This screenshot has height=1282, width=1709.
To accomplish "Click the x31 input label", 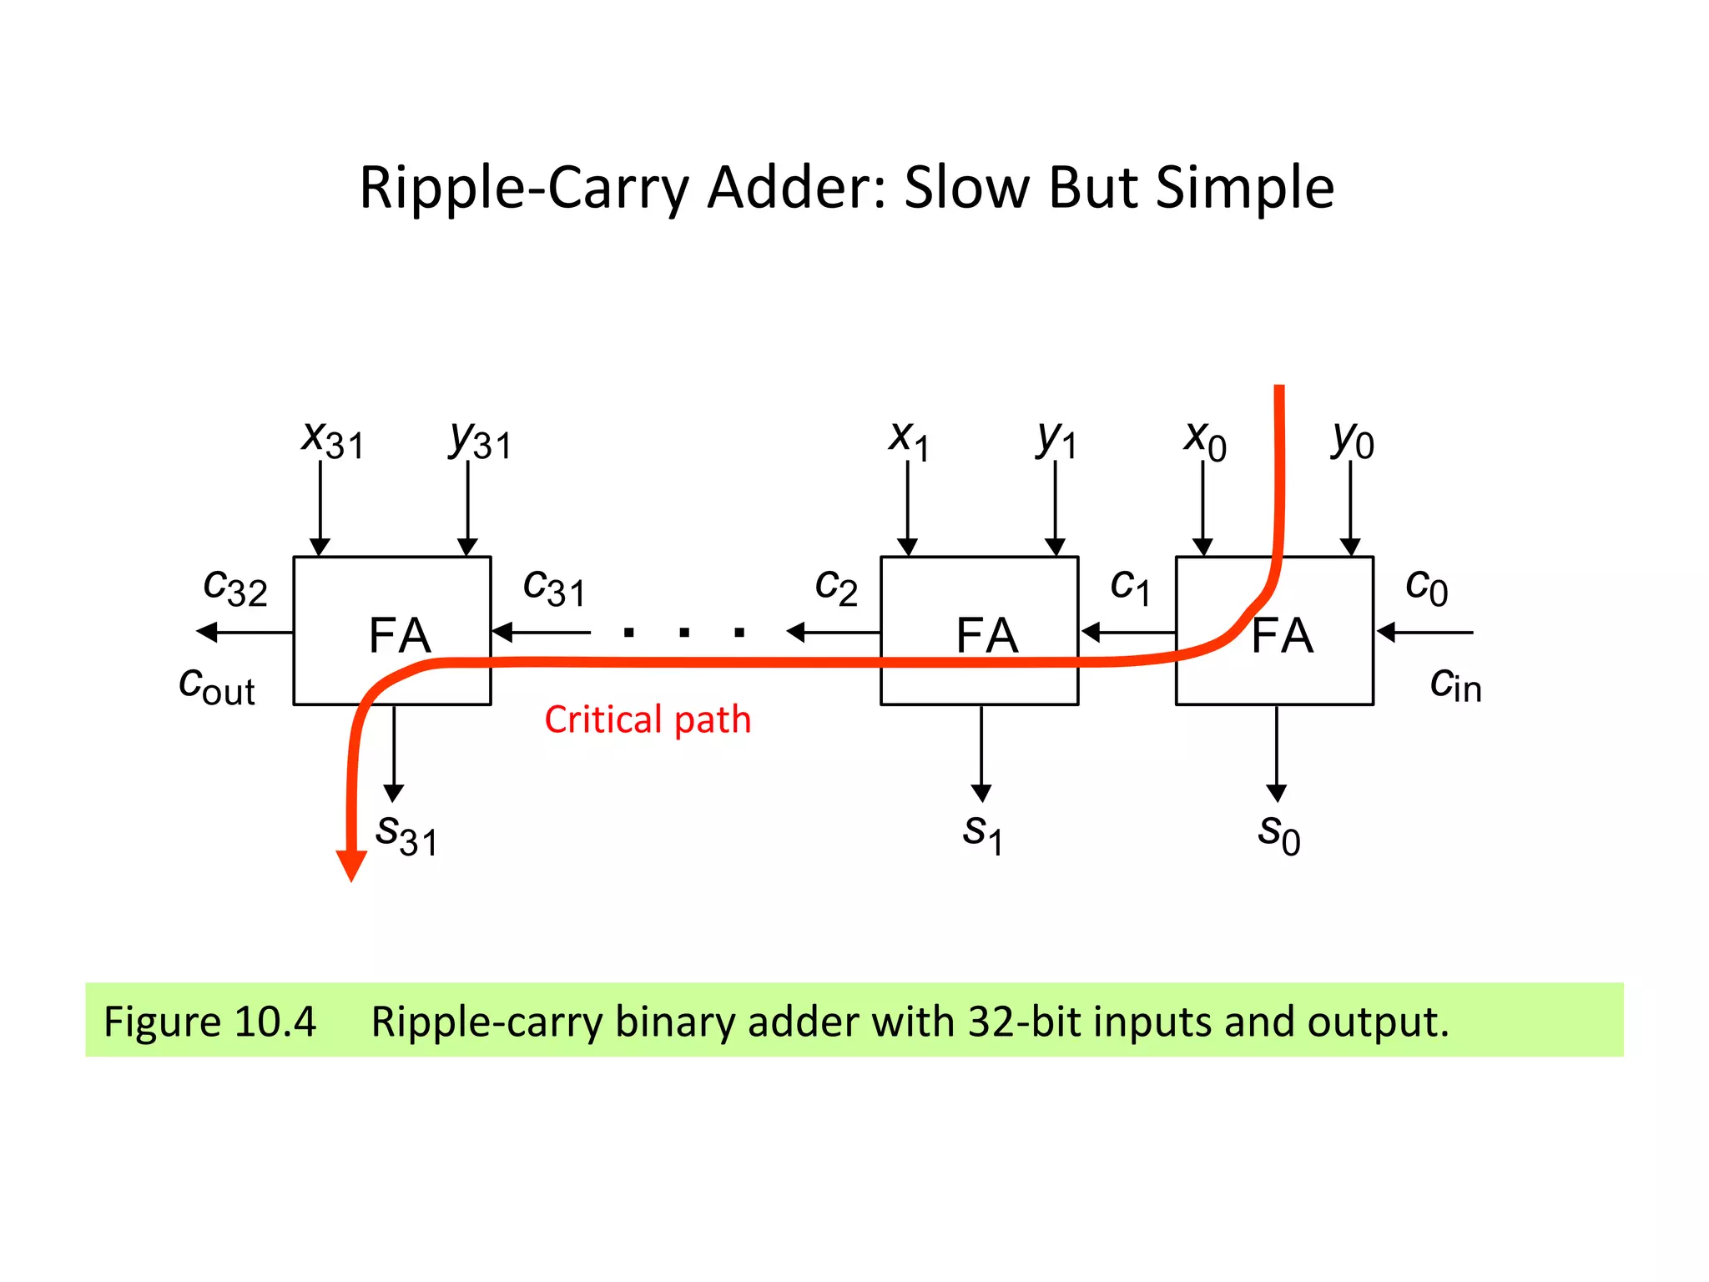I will tap(332, 439).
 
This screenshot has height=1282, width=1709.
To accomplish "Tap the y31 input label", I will tap(480, 440).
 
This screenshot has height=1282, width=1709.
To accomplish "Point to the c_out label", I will tap(217, 686).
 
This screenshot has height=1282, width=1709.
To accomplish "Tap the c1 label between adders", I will tap(1131, 587).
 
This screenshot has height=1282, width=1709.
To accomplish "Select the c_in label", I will tap(1455, 684).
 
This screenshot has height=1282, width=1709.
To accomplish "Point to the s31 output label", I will tap(406, 834).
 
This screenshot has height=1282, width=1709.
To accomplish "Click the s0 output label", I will tap(1278, 834).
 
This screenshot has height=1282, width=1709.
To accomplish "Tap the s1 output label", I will tap(983, 834).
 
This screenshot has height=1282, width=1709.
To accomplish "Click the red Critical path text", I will tap(648, 719).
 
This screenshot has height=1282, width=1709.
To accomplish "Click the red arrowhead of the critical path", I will tap(351, 865).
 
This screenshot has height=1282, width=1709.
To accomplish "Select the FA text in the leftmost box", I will tap(400, 635).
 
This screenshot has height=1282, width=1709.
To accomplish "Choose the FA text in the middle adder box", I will tap(987, 635).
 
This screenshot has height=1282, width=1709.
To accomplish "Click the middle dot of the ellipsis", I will tap(684, 633).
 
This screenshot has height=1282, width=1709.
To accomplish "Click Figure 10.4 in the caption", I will tap(209, 1022).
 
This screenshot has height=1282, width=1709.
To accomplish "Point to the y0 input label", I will tap(1352, 440).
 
